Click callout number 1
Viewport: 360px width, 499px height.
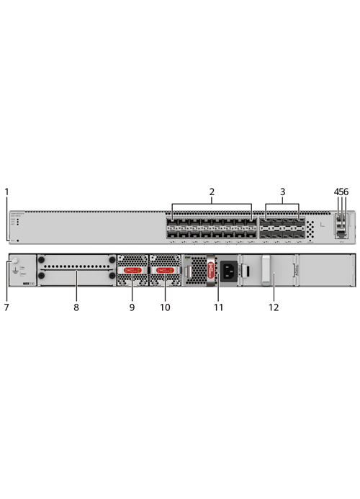[x=6, y=192]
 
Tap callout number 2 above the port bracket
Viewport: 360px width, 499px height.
[x=212, y=192]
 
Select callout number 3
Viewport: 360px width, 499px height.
[x=283, y=192]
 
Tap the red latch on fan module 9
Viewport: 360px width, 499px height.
[x=132, y=270]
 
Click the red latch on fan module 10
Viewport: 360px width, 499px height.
[x=164, y=270]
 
